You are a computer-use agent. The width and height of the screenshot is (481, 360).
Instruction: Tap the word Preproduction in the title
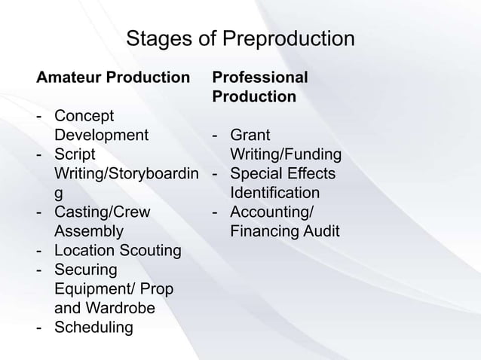pyautogui.click(x=277, y=39)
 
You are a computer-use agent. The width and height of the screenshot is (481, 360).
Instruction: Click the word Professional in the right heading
pyautogui.click(x=260, y=78)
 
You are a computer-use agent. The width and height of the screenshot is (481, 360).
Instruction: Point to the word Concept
pyautogui.click(x=84, y=117)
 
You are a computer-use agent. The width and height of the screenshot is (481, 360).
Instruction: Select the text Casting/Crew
pyautogui.click(x=103, y=212)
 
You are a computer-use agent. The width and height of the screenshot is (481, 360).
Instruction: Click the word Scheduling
pyautogui.click(x=93, y=328)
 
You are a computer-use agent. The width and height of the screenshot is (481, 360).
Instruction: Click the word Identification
pyautogui.click(x=275, y=194)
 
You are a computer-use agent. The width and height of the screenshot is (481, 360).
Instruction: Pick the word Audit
pyautogui.click(x=320, y=231)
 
